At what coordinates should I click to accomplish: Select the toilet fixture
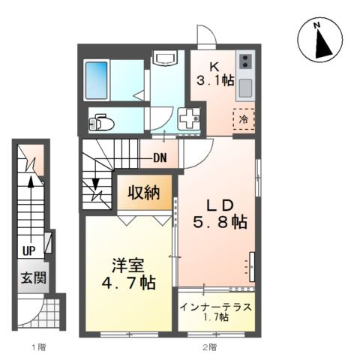[103, 120]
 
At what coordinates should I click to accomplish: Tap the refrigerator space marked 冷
[244, 119]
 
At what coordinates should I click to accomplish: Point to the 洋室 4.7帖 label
[128, 274]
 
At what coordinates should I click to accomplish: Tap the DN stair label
[160, 157]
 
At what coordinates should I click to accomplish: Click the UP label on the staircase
[28, 250]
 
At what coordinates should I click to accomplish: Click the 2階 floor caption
[209, 346]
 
